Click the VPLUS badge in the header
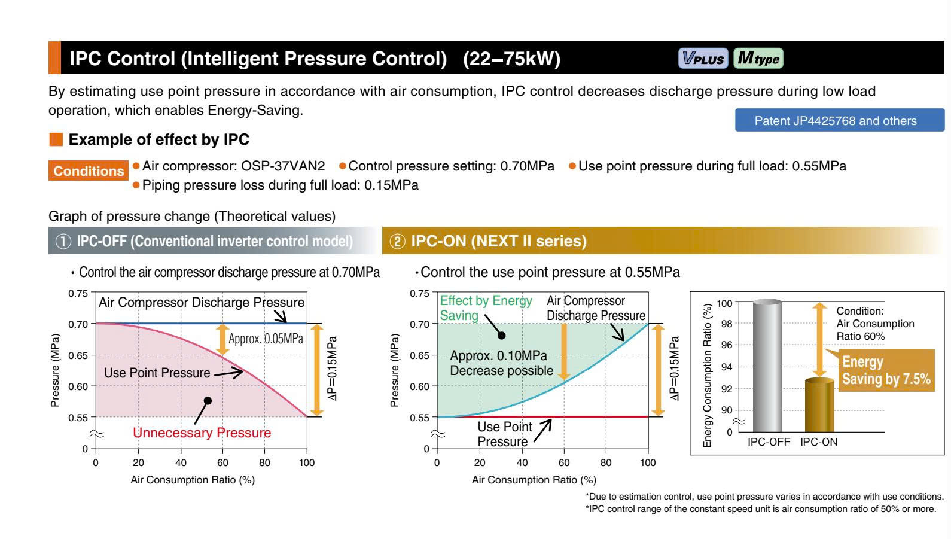pos(703,59)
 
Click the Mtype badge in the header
pos(758,59)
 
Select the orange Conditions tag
pos(89,171)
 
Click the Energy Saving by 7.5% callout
pos(886,370)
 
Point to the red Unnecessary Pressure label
pos(202,433)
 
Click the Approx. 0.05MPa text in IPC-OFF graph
pos(266,339)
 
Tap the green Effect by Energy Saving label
pos(485,308)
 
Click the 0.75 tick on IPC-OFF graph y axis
pos(78,293)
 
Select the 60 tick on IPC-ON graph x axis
pos(564,462)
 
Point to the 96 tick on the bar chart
pos(725,345)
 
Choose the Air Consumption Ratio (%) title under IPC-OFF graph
pos(193,480)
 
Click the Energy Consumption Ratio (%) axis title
pos(708,376)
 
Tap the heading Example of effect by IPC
pos(158,139)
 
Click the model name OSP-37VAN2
pos(283,166)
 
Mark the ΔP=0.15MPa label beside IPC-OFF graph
pos(333,369)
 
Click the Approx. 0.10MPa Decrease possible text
pos(501,363)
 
